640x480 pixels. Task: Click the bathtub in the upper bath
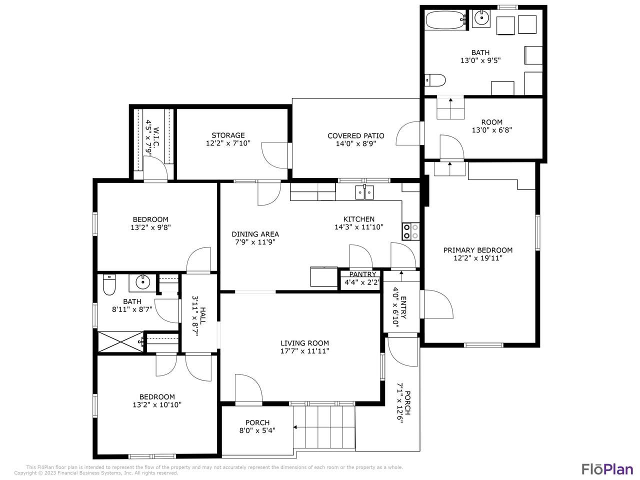coord(444,19)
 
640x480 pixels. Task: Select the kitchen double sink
coord(364,192)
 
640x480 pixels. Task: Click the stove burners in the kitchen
coord(411,231)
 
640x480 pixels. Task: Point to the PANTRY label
coord(362,274)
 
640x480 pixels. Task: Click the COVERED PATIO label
coord(355,136)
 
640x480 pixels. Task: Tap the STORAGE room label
coord(228,135)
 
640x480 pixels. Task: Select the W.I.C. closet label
coord(156,136)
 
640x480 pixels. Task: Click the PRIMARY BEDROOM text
coord(478,250)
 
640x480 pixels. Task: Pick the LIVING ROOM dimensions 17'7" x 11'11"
coord(304,351)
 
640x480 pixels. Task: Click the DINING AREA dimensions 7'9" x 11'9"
coord(255,242)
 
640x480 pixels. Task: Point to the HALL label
coord(203,315)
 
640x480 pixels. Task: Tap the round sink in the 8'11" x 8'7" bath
coord(142,282)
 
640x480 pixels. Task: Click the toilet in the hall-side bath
coord(109,284)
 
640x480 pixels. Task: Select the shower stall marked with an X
coord(120,342)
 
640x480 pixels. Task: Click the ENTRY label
coord(404,307)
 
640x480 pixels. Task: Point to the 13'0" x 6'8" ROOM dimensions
coord(492,130)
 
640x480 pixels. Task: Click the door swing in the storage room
coord(274,155)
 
